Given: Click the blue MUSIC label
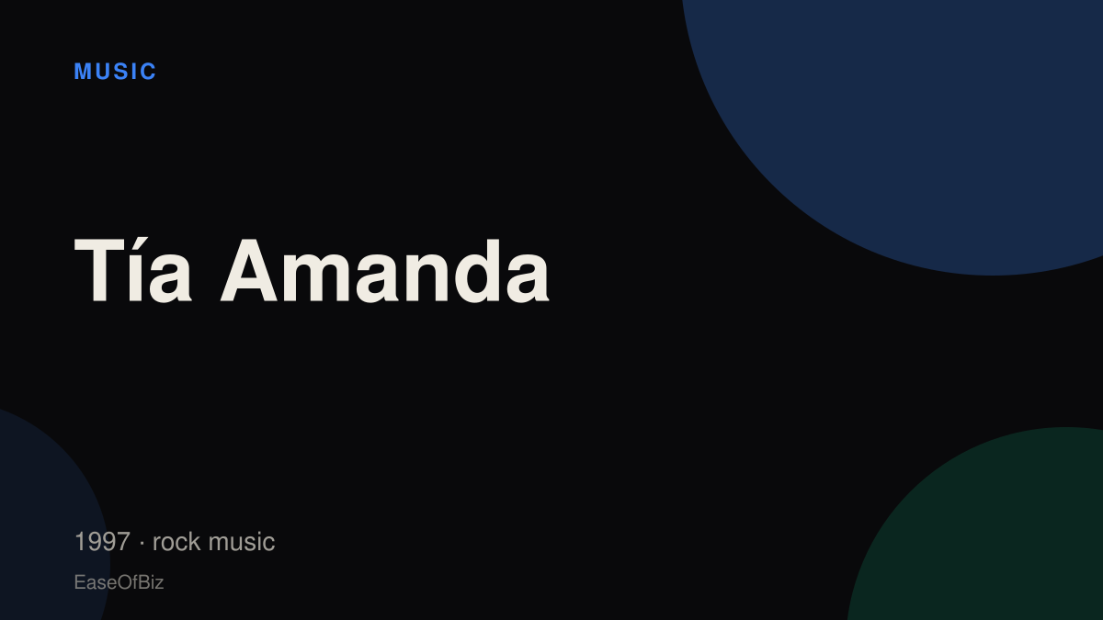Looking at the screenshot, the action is pyautogui.click(x=115, y=72).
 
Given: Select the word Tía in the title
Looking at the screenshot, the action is pyautogui.click(x=132, y=269).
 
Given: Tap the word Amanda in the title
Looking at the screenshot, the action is pyautogui.click(x=384, y=270).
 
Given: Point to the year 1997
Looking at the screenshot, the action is pyautogui.click(x=102, y=541).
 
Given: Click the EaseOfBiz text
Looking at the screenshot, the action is pyautogui.click(x=119, y=582).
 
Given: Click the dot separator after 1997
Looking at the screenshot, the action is pyautogui.click(x=142, y=543).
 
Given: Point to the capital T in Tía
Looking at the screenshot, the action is pyautogui.click(x=99, y=270).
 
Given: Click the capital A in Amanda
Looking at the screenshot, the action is pyautogui.click(x=249, y=270).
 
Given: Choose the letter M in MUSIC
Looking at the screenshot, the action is pyautogui.click(x=83, y=72).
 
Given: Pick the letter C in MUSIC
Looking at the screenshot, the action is pyautogui.click(x=148, y=72).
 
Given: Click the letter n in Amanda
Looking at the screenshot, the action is pyautogui.click(x=426, y=277).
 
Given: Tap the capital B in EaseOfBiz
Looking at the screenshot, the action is pyautogui.click(x=143, y=582).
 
